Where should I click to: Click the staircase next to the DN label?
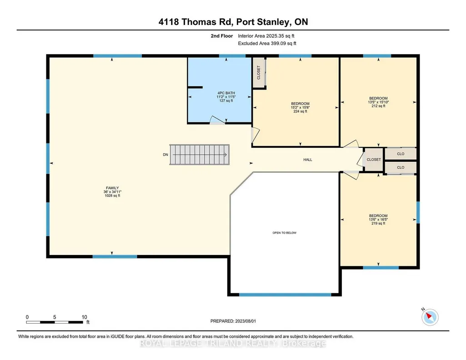[x=200, y=155]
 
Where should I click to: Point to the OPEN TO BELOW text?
[x=285, y=233]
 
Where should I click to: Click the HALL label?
[x=308, y=160]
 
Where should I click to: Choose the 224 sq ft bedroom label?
[x=300, y=108]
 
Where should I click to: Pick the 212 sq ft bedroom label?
[x=378, y=102]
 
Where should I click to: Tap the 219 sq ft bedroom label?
[x=378, y=220]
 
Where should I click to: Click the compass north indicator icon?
[x=430, y=317]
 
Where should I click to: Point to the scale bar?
[x=55, y=322]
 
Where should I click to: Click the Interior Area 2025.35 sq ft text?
[x=266, y=36]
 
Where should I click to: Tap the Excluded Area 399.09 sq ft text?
[x=267, y=43]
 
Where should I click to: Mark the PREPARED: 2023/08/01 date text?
[x=233, y=321]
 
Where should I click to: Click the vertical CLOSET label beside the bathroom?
[x=259, y=72]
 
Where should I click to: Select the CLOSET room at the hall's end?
[x=374, y=160]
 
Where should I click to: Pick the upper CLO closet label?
[x=401, y=154]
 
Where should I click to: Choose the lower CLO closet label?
[x=401, y=168]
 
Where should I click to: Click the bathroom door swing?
[x=217, y=120]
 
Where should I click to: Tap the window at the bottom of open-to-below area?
[x=285, y=295]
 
